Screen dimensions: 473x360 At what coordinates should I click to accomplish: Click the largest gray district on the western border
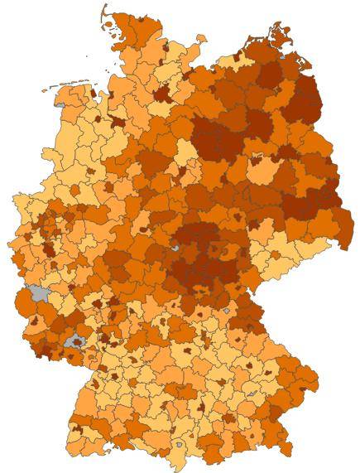click(36, 293)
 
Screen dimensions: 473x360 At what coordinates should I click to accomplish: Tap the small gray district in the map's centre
click(175, 247)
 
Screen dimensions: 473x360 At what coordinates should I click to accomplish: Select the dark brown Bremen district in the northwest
click(118, 121)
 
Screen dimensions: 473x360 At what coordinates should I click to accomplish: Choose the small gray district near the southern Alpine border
click(178, 446)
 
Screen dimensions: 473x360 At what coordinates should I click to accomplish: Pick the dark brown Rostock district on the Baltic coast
click(240, 58)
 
